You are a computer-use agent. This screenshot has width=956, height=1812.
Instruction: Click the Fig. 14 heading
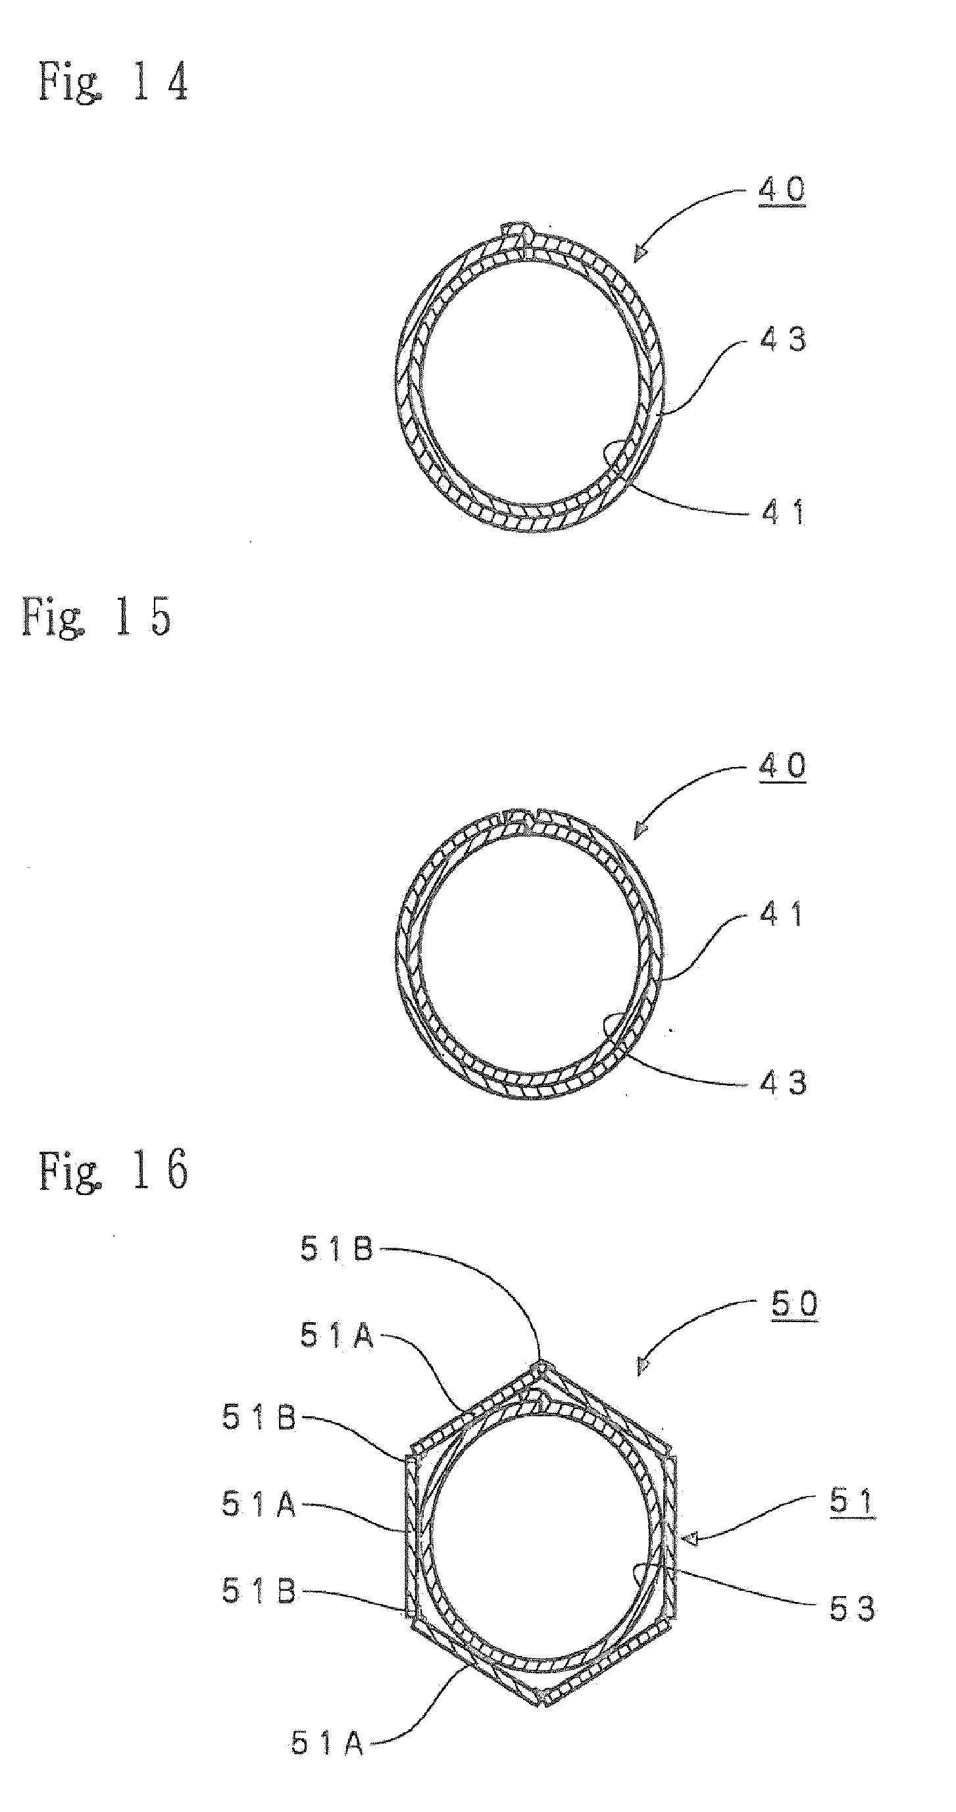[113, 82]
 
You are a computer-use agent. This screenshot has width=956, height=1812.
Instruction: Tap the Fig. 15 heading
[96, 617]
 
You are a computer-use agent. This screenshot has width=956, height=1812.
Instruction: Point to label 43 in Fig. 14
[783, 340]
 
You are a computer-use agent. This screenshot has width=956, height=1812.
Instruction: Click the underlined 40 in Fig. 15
[782, 766]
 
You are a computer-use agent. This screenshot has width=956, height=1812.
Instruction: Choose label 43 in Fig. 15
[783, 1083]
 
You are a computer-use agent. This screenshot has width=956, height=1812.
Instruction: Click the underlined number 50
[795, 1306]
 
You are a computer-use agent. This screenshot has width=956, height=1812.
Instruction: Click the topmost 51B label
[336, 1250]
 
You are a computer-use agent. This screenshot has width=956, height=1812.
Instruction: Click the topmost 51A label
[337, 1335]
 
